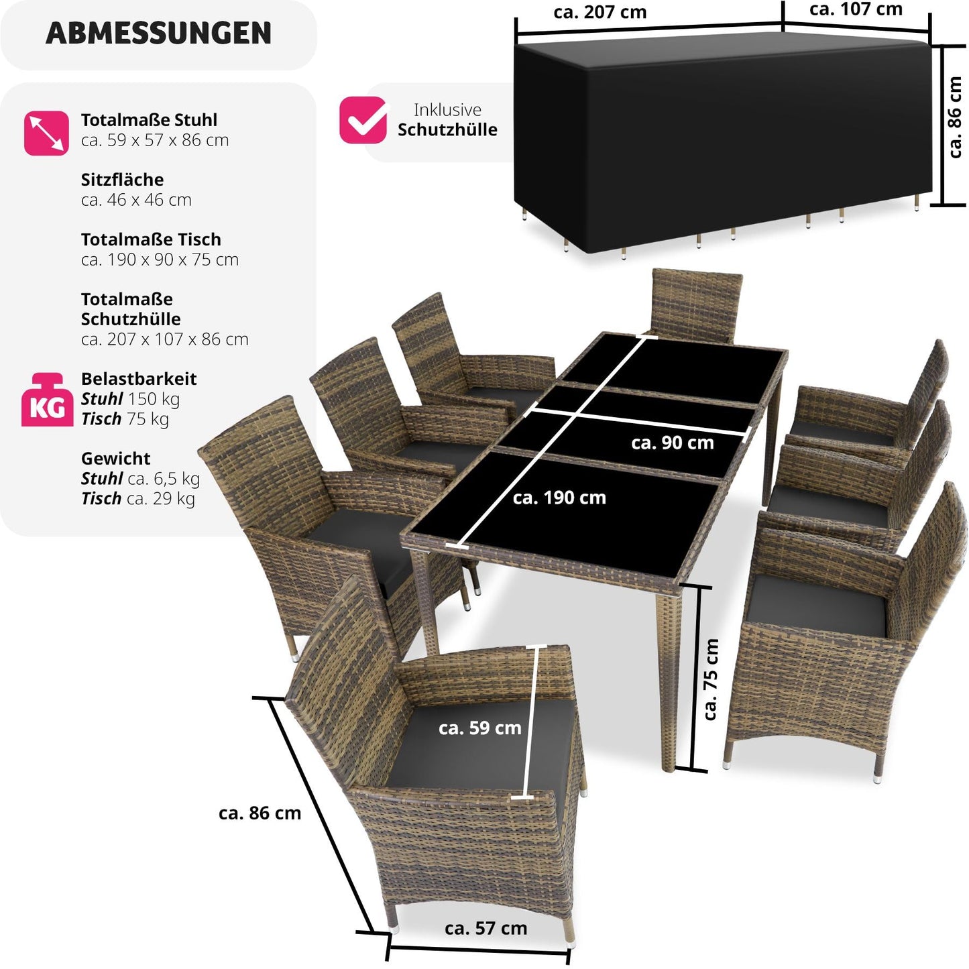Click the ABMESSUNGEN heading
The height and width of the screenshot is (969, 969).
click(x=158, y=34)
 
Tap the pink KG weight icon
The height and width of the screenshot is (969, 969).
click(x=47, y=400)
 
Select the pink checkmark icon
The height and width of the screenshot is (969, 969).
click(x=363, y=121)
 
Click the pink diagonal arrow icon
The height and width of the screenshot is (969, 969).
click(x=46, y=133)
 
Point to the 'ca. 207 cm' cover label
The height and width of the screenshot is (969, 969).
click(x=600, y=12)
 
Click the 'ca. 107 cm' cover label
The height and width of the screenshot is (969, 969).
click(x=856, y=9)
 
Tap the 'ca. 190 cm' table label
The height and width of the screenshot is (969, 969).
click(x=559, y=498)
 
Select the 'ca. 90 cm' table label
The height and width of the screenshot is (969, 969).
click(x=672, y=443)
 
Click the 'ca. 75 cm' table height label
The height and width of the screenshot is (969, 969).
click(x=711, y=679)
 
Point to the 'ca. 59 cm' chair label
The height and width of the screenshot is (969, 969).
click(x=479, y=728)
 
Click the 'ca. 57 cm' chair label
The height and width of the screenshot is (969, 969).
click(x=486, y=928)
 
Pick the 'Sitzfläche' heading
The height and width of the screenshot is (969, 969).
click(x=122, y=180)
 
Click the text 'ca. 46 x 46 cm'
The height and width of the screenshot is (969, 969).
click(x=136, y=200)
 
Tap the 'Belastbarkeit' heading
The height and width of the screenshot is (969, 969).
click(x=139, y=379)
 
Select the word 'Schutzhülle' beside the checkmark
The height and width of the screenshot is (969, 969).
click(x=447, y=129)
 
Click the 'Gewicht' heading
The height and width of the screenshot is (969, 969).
click(x=115, y=459)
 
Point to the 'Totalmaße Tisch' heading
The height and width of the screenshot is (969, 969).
click(x=151, y=239)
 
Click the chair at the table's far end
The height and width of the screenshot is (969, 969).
click(x=697, y=302)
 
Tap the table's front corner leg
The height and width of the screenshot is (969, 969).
click(x=669, y=677)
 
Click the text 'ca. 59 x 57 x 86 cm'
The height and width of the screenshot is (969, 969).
click(x=155, y=140)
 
